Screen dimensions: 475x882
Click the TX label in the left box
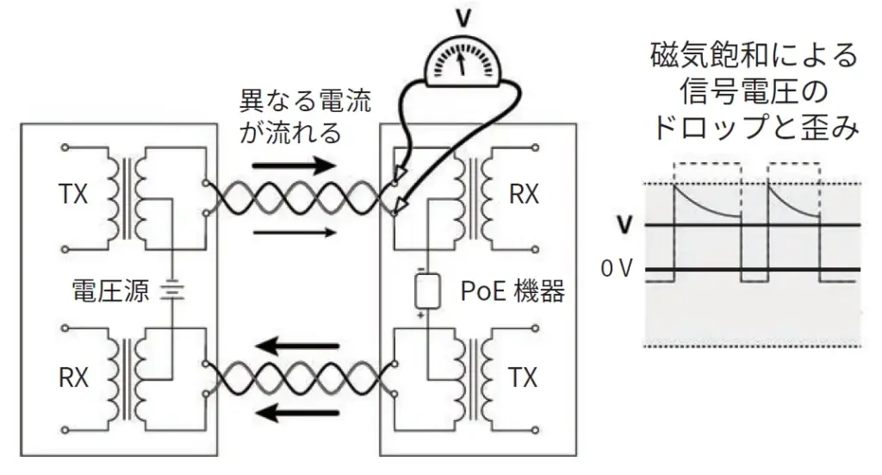pos(73,195)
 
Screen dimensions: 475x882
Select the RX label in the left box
pos(73,378)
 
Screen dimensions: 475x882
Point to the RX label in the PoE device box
pos(523,195)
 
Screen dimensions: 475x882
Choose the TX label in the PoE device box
pos(523,378)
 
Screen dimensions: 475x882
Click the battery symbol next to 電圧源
pos(172,291)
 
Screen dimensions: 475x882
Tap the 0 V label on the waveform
pos(617,269)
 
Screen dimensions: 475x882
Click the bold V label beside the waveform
pos(624,226)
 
